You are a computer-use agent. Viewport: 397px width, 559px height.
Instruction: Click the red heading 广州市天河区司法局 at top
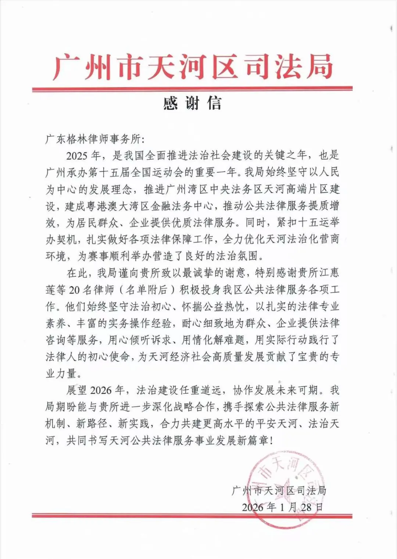(x=193, y=67)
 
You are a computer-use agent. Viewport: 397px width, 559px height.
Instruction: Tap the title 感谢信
(x=193, y=103)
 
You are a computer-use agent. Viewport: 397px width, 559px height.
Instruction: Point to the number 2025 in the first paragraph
(x=77, y=156)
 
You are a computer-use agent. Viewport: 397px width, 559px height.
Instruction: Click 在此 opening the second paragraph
(x=76, y=273)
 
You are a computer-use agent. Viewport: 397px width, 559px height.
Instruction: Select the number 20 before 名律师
(x=74, y=290)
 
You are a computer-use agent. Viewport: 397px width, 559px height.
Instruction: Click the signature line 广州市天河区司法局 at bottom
(x=279, y=490)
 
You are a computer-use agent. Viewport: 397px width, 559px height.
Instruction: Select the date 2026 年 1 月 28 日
(x=282, y=508)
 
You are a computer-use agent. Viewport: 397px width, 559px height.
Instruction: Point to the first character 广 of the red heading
(x=67, y=67)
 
